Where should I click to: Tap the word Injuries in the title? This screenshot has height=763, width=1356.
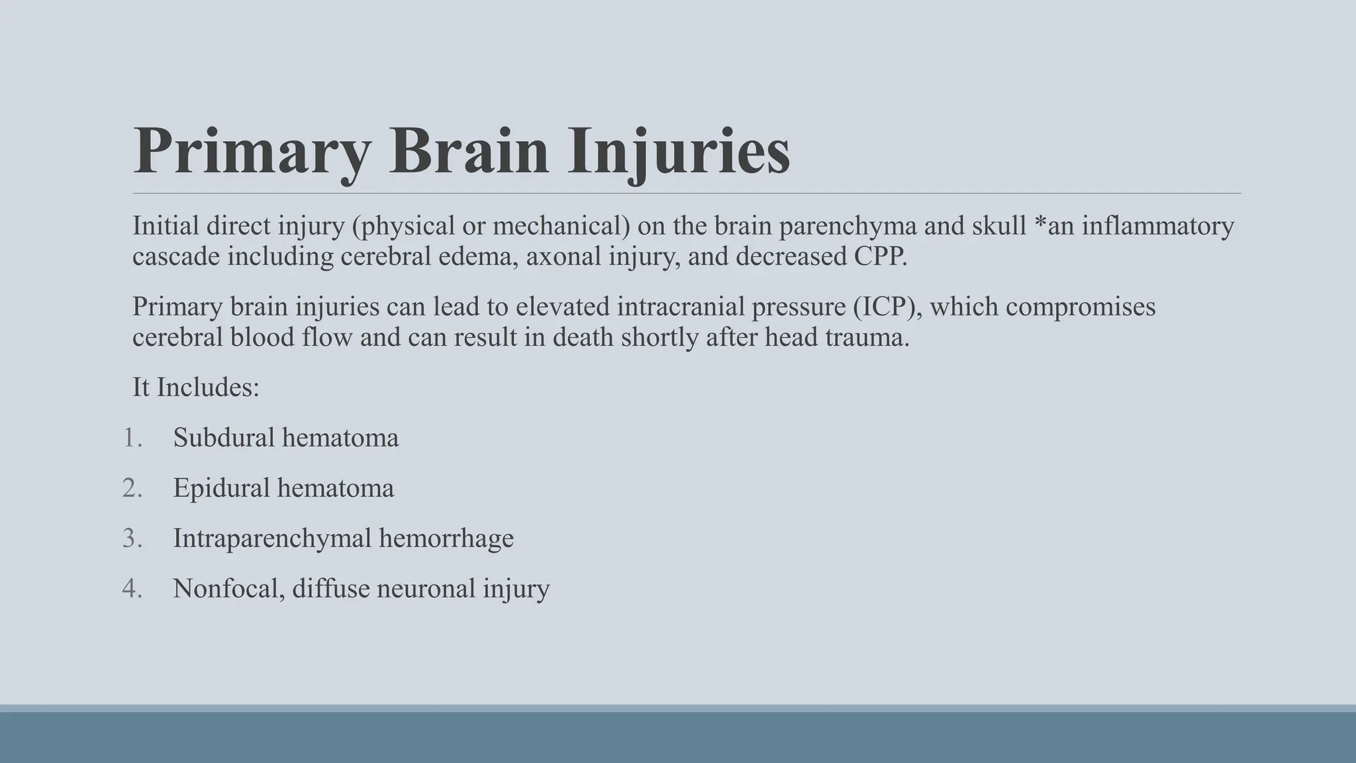coord(679,152)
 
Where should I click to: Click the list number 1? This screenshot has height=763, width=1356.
coord(132,438)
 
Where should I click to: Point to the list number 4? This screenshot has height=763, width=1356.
coord(132,589)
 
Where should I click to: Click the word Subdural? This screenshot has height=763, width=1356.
coord(224,438)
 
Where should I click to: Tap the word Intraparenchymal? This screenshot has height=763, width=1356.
coord(272,538)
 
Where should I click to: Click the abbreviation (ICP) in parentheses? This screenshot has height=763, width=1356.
coord(885,307)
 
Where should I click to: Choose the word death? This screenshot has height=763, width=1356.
coord(583,337)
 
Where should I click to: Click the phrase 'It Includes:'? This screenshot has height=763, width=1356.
coord(196,387)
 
